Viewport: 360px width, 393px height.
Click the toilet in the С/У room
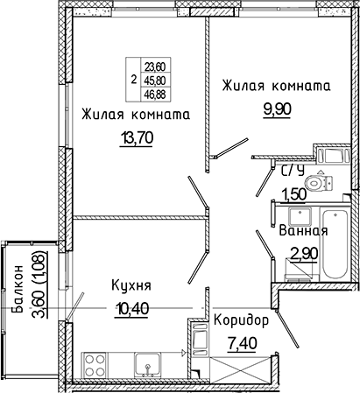click(x=318, y=183)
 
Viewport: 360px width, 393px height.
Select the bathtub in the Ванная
click(x=335, y=244)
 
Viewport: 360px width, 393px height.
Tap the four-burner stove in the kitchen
click(x=95, y=364)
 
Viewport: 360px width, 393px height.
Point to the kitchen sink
click(x=148, y=364)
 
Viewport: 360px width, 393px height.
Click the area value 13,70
click(x=137, y=138)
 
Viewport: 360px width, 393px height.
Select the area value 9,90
click(x=277, y=109)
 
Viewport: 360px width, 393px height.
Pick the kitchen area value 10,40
click(x=132, y=309)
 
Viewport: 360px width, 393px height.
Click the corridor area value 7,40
click(x=242, y=344)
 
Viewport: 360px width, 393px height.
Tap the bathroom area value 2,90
click(x=304, y=254)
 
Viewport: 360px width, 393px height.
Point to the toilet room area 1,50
click(x=293, y=193)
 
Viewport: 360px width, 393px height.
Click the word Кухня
click(x=131, y=285)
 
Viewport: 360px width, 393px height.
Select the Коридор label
click(x=241, y=321)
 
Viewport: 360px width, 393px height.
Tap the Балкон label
click(x=18, y=289)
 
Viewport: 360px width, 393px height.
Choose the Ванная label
click(x=304, y=231)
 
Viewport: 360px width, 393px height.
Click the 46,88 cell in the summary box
click(x=155, y=95)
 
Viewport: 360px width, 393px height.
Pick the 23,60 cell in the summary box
click(x=155, y=67)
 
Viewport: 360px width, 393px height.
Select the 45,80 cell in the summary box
click(x=155, y=81)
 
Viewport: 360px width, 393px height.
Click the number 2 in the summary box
click(x=134, y=80)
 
